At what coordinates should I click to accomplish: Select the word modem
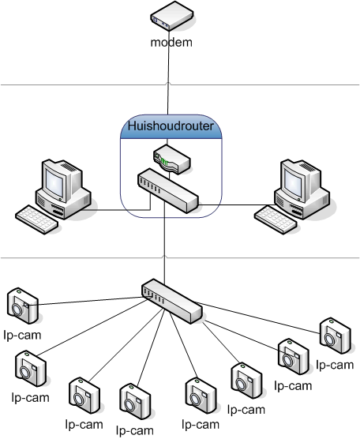point(171,42)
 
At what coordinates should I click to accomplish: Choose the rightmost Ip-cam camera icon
point(334,336)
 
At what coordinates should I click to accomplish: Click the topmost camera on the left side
point(21,305)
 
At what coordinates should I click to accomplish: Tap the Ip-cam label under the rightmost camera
point(334,364)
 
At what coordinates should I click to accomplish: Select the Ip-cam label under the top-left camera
point(21,334)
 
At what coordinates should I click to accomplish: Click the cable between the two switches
point(164,245)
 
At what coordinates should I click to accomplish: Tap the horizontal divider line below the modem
point(79,84)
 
